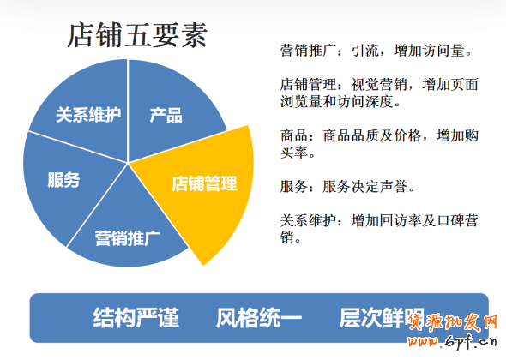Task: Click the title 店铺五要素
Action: pos(137,37)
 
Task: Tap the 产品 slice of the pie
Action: pos(166,115)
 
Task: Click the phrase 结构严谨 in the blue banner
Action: pos(136,318)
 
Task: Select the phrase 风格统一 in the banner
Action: pos(259,318)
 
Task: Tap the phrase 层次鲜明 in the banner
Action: pos(383,318)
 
